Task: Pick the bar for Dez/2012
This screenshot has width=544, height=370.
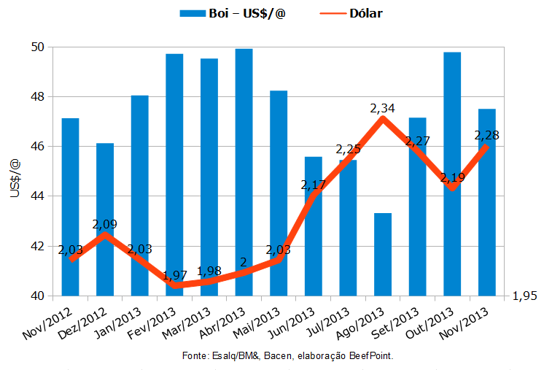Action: click(105, 219)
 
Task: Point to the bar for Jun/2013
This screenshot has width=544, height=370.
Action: click(314, 234)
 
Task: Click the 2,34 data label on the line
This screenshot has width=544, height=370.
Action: click(383, 108)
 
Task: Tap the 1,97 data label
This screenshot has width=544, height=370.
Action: click(174, 275)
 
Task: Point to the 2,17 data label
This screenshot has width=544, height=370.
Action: click(314, 185)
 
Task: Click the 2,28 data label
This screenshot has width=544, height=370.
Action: click(486, 135)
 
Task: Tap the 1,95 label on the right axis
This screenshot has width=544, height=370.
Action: click(525, 296)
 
